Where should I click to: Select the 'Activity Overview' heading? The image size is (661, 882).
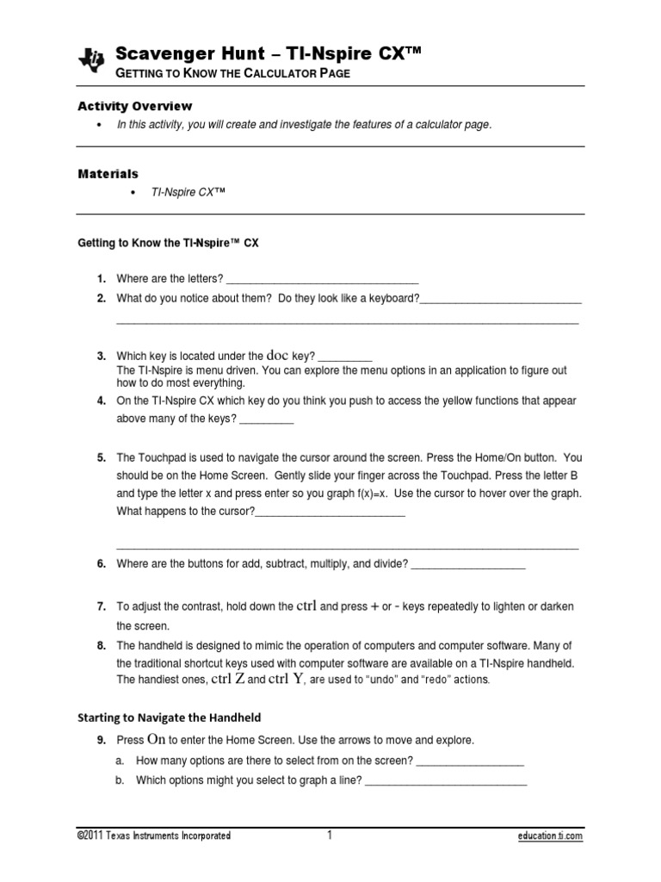pos(135,106)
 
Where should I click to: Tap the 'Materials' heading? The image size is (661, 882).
pos(108,174)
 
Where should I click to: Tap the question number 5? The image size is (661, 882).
pos(101,458)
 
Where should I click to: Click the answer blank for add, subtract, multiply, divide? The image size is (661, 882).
pos(468,566)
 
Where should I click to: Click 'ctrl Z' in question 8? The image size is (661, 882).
pos(228,679)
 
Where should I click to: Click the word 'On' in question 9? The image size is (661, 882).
pos(156,739)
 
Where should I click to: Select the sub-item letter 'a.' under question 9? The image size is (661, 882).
pos(120,761)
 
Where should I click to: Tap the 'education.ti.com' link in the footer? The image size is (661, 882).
pos(550,836)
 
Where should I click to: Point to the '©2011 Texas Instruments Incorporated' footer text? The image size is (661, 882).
pos(153,836)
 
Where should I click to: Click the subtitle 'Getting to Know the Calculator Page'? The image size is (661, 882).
pos(233,74)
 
